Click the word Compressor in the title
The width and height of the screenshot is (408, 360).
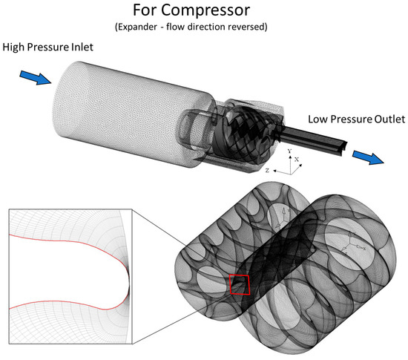pyautogui.click(x=205, y=11)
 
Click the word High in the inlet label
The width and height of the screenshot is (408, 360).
pyautogui.click(x=13, y=47)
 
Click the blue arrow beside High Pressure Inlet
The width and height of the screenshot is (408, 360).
pyautogui.click(x=36, y=77)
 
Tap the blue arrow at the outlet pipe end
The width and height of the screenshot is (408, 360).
pyautogui.click(x=368, y=157)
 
